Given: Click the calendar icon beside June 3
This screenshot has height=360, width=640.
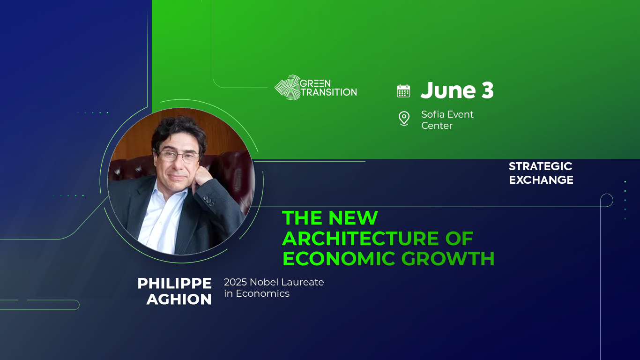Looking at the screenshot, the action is point(403,91).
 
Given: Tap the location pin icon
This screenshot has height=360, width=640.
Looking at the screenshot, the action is point(404,119).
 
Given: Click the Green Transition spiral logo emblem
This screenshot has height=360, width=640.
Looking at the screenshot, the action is point(287,88).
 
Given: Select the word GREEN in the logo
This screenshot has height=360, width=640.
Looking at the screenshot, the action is point(315,83).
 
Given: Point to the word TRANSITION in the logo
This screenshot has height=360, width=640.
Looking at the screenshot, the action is point(329,92).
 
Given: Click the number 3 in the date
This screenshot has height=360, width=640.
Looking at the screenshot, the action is point(487,90).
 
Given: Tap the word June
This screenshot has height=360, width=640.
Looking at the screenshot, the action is point(448,90).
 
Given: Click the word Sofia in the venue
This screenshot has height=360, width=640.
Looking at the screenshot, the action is point(433,114).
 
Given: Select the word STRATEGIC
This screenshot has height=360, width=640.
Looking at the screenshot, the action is point(540,166).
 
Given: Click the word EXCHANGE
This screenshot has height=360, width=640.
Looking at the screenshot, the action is point(541,180).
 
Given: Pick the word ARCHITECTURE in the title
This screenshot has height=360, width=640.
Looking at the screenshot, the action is point(361,239).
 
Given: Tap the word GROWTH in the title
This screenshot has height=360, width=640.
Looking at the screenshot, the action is point(448,258).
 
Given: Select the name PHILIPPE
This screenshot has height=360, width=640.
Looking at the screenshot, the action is point(174,284).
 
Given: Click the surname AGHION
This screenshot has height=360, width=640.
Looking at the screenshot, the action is point(179,300).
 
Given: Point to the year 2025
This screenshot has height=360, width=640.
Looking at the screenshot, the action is point(235,282).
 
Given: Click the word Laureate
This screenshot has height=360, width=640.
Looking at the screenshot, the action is point(304,282).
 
